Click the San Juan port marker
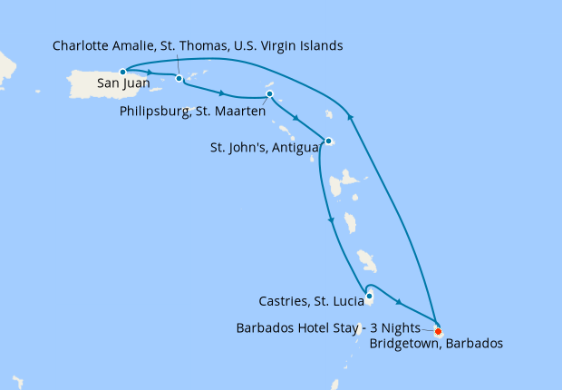[x=122, y=71]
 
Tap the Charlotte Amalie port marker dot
[x=179, y=78]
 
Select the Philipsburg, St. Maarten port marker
[x=269, y=94]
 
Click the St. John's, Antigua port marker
[x=329, y=141]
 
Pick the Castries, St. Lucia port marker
[x=369, y=296]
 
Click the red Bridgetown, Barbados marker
[x=439, y=331]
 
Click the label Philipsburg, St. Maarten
[x=192, y=112]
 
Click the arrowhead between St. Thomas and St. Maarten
[x=223, y=92]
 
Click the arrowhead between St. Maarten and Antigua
[x=296, y=118]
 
